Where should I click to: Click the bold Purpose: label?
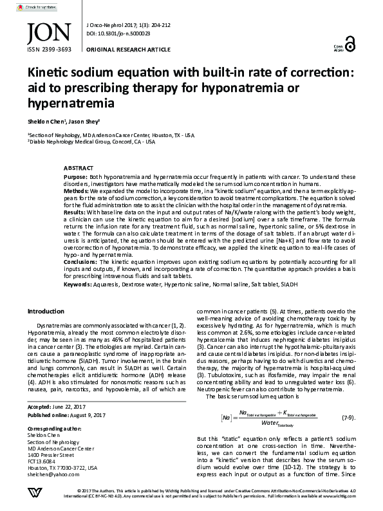click(x=75, y=176)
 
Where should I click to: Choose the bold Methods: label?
click(x=77, y=191)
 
